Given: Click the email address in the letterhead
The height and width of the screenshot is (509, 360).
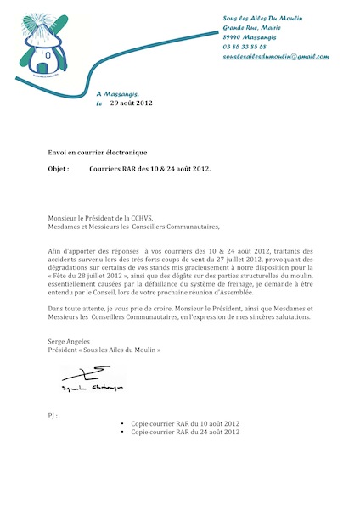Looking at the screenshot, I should (x=275, y=56).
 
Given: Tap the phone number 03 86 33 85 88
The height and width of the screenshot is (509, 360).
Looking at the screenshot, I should (x=244, y=47).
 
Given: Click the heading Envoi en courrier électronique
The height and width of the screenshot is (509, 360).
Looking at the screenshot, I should (x=98, y=151).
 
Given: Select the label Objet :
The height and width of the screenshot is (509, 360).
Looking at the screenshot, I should (x=59, y=170).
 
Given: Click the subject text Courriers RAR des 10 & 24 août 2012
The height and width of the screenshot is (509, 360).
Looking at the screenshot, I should (x=149, y=170).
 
